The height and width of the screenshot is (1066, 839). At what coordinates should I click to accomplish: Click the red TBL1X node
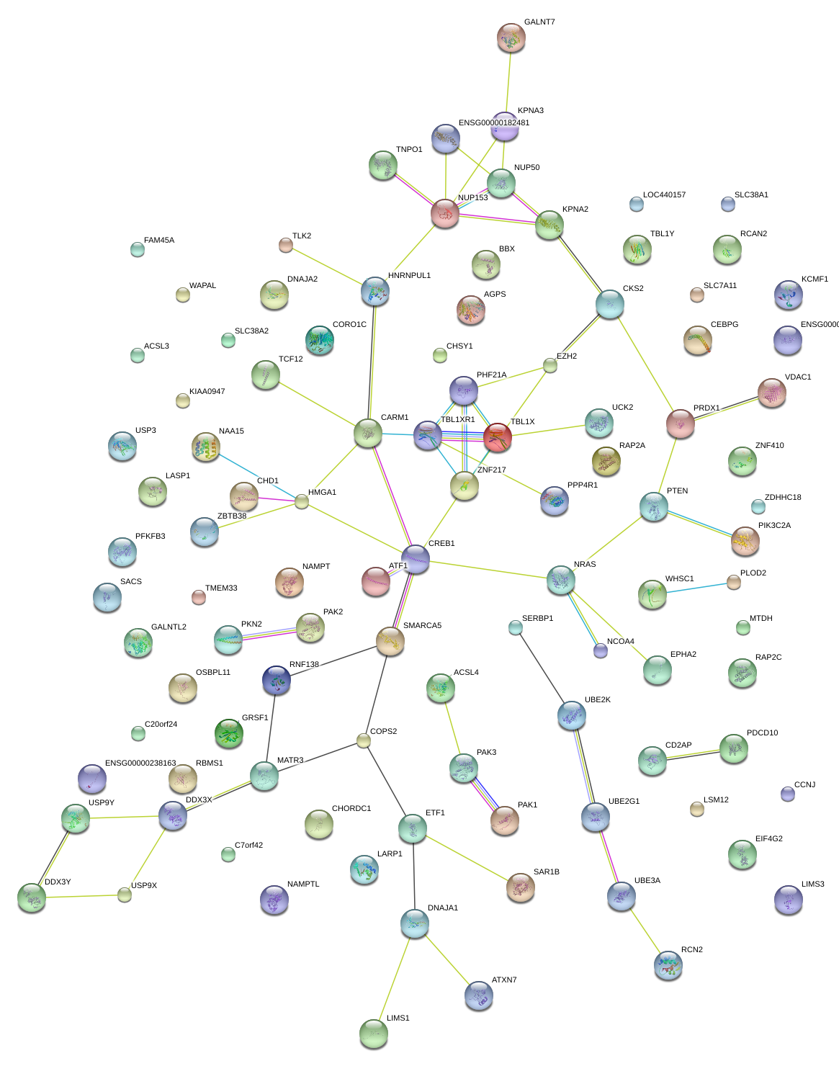tap(497, 437)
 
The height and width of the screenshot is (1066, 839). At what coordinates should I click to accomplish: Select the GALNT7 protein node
tap(511, 38)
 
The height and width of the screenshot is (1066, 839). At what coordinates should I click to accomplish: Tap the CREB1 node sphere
tap(416, 558)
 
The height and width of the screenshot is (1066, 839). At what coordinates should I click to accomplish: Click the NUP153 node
tap(445, 213)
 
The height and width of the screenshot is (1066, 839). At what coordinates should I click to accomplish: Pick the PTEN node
tap(653, 506)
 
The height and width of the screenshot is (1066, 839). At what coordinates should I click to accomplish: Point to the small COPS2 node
tap(364, 740)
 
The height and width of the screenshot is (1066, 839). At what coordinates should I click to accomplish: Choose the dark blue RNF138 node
tap(277, 680)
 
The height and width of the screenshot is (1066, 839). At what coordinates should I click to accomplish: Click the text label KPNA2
tap(575, 210)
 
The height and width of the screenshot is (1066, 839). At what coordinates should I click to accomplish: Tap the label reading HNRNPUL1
tap(409, 276)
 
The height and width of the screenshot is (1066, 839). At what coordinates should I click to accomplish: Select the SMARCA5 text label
tap(422, 626)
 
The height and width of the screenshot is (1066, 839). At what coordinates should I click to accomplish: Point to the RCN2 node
tap(668, 965)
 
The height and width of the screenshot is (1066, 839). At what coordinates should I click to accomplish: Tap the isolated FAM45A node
tap(138, 249)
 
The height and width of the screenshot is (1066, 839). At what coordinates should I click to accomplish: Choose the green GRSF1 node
tap(229, 733)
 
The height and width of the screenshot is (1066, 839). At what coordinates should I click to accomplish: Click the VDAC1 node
tap(771, 392)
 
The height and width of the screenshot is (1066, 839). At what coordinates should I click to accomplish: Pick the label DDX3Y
tap(58, 882)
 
